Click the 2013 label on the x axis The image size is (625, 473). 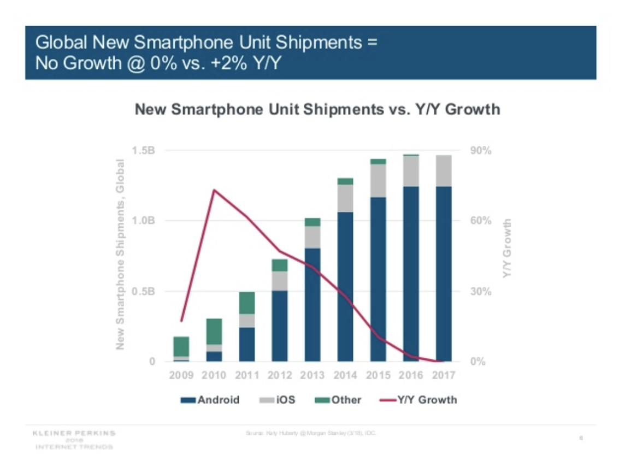(312, 375)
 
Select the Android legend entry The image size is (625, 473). (211, 400)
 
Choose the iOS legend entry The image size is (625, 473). (278, 400)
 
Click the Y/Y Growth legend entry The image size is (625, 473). (418, 400)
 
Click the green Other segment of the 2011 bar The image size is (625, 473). (247, 303)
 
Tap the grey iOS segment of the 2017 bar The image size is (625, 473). (444, 170)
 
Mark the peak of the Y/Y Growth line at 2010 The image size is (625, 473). (214, 190)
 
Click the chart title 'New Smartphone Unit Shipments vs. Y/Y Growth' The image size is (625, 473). (317, 109)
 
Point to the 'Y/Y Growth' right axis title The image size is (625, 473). (508, 249)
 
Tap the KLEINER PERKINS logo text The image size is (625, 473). (74, 433)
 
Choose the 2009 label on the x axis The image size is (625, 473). (181, 375)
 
